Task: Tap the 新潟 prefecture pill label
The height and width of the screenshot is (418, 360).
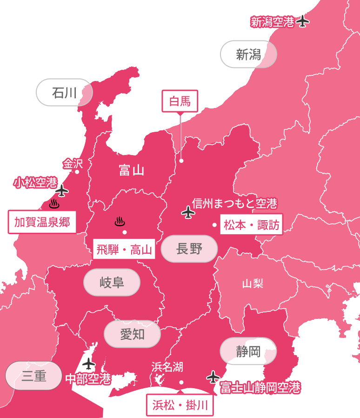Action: click(248, 54)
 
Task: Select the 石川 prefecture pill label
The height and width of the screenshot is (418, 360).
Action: click(64, 93)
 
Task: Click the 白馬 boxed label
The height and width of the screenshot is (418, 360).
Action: click(180, 101)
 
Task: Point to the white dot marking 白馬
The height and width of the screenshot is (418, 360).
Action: click(181, 161)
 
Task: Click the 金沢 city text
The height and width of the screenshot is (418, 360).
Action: click(73, 164)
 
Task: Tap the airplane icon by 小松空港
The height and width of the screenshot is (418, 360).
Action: click(62, 190)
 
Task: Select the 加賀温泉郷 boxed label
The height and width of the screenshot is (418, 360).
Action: click(42, 222)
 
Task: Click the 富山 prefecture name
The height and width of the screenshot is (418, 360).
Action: click(131, 170)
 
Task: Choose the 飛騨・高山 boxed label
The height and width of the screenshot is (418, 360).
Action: click(124, 249)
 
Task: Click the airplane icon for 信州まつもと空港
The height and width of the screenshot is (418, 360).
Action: click(188, 213)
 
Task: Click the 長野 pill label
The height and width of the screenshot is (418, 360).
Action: click(189, 249)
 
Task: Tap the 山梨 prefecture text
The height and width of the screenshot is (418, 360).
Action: click(253, 283)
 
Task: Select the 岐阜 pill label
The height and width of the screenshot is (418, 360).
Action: click(112, 282)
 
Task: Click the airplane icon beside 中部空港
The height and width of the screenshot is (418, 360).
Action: click(88, 364)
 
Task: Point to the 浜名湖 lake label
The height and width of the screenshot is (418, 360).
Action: click(167, 367)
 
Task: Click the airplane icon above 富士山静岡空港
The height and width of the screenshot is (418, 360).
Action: click(213, 376)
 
